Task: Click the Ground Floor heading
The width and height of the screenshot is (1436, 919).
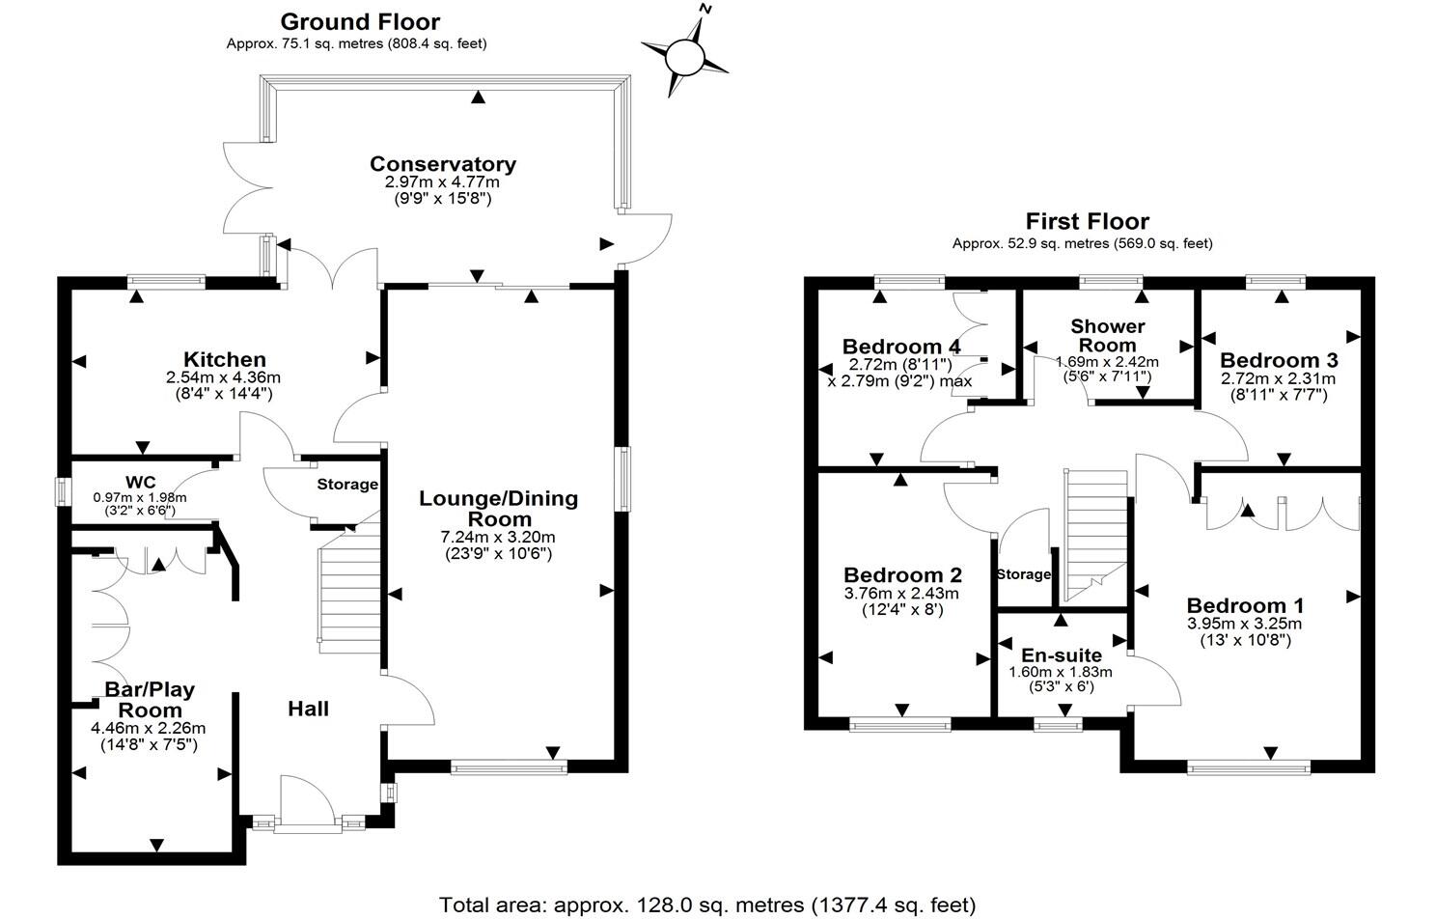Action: (x=360, y=22)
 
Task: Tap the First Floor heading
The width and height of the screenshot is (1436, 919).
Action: (x=1088, y=221)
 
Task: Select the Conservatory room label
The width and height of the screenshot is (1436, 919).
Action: (x=443, y=164)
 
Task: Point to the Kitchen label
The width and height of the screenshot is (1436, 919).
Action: (x=224, y=359)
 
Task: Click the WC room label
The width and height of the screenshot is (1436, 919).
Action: (x=140, y=482)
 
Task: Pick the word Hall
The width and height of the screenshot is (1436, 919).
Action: (x=309, y=709)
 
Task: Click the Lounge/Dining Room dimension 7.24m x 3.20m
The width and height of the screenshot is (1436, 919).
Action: (x=498, y=537)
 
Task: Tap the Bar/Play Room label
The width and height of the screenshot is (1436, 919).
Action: (x=150, y=700)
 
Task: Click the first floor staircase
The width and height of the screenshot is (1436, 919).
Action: (x=1095, y=536)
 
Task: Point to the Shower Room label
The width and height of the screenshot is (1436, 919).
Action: (x=1108, y=335)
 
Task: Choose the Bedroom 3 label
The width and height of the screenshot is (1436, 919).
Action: (x=1279, y=360)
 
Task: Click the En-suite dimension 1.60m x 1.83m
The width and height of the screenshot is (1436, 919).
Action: (x=1061, y=672)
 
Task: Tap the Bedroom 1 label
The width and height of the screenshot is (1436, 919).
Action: (x=1245, y=605)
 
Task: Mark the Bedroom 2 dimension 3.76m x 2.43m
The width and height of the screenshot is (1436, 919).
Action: (x=902, y=594)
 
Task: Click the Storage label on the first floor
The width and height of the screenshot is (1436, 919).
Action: (x=1024, y=574)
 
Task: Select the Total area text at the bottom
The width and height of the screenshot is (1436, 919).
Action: (x=707, y=905)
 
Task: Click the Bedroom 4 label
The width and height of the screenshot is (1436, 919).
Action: (x=901, y=347)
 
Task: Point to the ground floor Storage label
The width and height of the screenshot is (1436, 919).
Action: (x=347, y=485)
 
